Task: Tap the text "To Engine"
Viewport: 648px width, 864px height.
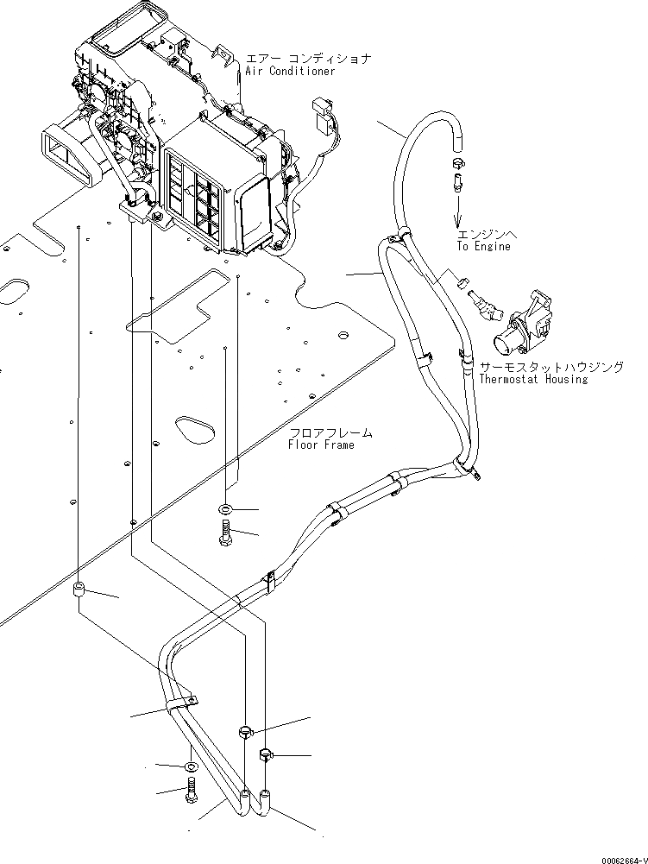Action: (484, 246)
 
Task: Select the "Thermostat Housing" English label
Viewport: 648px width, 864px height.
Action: (533, 379)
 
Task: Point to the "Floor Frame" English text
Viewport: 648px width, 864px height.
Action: (321, 445)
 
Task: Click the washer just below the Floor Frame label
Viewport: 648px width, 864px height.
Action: (225, 508)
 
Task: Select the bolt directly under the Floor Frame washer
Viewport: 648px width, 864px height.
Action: (225, 534)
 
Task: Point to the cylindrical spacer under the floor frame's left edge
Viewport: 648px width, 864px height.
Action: (79, 591)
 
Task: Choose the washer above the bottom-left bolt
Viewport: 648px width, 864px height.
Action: (191, 766)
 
